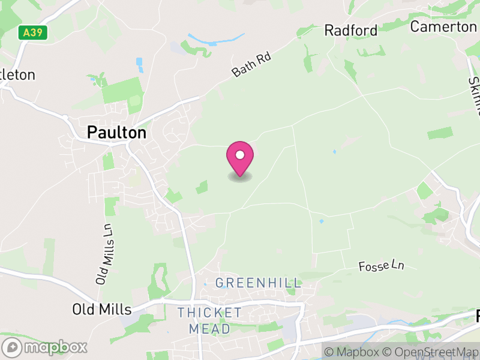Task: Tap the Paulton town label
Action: pos(116,133)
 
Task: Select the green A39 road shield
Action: pos(32,32)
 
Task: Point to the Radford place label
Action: pos(351,31)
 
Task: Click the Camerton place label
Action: pos(443,27)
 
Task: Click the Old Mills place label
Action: pos(101,310)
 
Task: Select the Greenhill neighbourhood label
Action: pos(258,283)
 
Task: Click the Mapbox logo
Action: pos(45,347)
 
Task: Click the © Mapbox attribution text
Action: pos(352,352)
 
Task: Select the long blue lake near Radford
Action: pos(216,40)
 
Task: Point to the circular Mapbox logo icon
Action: pos(13,347)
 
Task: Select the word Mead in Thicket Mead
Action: pos(209,329)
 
